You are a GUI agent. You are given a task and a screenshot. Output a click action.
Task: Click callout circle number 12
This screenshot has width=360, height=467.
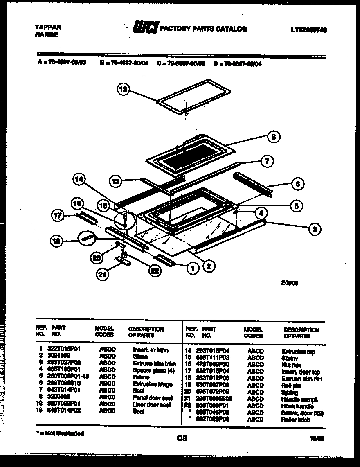pos(124,89)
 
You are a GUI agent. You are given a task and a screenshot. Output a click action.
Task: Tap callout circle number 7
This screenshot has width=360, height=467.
pos(267,161)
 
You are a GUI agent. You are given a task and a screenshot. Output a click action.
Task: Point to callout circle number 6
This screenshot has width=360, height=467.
pos(297,184)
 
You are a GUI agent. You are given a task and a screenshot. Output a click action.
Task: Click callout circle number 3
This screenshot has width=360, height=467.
pos(314,229)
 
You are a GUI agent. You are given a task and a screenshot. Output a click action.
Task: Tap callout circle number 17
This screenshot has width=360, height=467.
pos(59,216)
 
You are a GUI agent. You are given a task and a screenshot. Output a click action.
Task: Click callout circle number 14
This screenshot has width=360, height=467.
pos(80,179)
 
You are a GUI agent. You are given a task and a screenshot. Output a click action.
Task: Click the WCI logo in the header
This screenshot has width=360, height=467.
pos(145,28)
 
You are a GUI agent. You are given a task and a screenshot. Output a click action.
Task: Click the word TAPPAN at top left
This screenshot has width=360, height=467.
pos(48,27)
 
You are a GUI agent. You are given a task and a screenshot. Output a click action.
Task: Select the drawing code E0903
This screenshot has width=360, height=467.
pos(289,282)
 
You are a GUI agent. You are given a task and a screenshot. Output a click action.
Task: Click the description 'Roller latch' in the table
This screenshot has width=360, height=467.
pos(295,420)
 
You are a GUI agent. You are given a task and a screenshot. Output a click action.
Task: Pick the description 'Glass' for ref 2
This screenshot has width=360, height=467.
pos(140,356)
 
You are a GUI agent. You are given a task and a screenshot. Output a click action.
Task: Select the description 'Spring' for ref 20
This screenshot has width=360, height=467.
pos(290,393)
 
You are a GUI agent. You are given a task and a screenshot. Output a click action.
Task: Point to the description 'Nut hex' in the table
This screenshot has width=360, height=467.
pos(291,365)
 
